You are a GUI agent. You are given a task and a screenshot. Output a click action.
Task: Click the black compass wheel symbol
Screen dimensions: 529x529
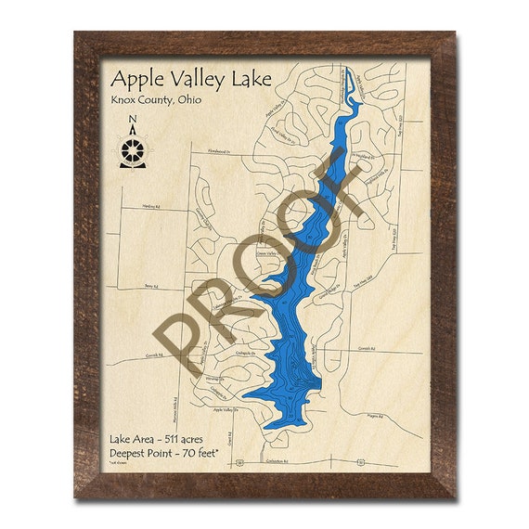point(134,148)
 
